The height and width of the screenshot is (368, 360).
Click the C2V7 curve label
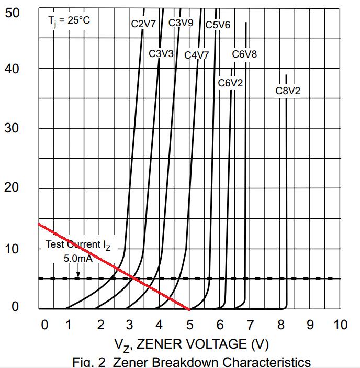point(143,24)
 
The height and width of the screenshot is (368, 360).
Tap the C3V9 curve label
point(181,23)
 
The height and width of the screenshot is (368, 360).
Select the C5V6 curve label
point(218,24)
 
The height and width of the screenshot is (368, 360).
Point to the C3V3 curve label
point(161,53)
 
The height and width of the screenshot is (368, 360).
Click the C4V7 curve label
point(197,54)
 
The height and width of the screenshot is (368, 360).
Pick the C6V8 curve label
point(245,53)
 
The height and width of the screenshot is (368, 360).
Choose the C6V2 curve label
point(230,83)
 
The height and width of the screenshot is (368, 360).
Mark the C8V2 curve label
point(288,91)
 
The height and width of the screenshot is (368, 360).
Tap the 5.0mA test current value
point(78,258)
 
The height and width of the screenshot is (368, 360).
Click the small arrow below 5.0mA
point(77,272)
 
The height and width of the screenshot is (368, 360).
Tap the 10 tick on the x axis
point(340,325)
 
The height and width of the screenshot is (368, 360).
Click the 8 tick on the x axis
point(281,325)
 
